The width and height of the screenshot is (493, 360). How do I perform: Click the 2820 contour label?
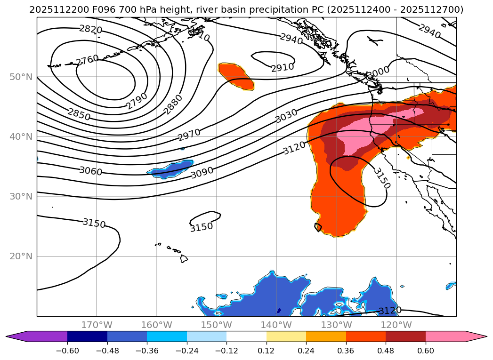90,30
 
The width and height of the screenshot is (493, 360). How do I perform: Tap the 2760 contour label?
87,60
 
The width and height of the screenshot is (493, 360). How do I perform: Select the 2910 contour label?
283,67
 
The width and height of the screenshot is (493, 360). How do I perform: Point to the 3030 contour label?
286,116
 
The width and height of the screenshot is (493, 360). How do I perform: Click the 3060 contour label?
90,171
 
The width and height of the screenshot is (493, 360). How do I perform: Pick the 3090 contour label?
202,173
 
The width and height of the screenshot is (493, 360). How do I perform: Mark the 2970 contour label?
189,135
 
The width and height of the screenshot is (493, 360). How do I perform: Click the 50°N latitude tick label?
21,77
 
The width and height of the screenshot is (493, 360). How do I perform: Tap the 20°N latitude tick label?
21,256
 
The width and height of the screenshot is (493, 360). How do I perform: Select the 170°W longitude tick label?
97,325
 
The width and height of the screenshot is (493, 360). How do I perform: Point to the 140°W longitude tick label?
276,325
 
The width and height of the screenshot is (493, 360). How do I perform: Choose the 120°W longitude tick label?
396,325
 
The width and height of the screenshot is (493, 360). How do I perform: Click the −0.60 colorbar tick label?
67,351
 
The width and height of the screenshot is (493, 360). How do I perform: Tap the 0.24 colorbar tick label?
306,351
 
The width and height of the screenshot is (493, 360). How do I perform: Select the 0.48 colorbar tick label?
386,351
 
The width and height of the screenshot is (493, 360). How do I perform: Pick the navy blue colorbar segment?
87,336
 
